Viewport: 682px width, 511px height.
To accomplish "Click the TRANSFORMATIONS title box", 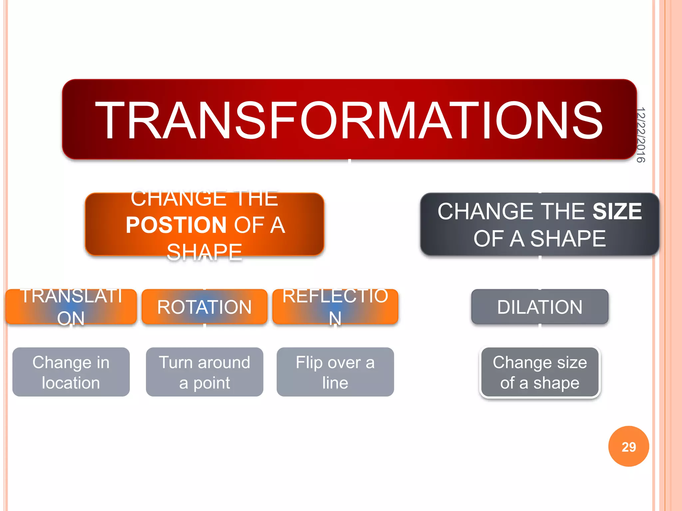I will tap(349, 120).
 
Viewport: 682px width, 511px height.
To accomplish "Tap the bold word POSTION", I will tap(176, 225).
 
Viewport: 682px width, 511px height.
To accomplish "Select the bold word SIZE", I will tap(617, 211).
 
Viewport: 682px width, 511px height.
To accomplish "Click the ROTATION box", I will tap(204, 307).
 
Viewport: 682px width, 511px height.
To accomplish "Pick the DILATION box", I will tap(539, 307).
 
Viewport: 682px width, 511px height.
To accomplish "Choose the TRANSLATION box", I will tap(71, 307).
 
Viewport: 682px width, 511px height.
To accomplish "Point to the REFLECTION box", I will tap(335, 307).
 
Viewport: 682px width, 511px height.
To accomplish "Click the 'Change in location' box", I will tap(71, 372).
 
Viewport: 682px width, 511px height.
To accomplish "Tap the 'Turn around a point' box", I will tap(204, 372).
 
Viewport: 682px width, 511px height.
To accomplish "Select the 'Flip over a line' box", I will tap(335, 372).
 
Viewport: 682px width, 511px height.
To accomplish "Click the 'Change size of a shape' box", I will tap(539, 372).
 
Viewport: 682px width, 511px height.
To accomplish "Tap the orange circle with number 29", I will tap(628, 446).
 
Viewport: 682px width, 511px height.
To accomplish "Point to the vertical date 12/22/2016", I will tap(640, 135).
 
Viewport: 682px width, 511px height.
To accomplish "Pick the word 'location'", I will tap(71, 383).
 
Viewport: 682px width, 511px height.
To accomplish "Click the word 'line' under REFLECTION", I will tap(335, 383).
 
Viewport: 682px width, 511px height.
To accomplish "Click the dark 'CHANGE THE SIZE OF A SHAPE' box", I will tap(539, 225).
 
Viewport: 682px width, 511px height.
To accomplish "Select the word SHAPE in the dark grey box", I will tap(568, 239).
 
